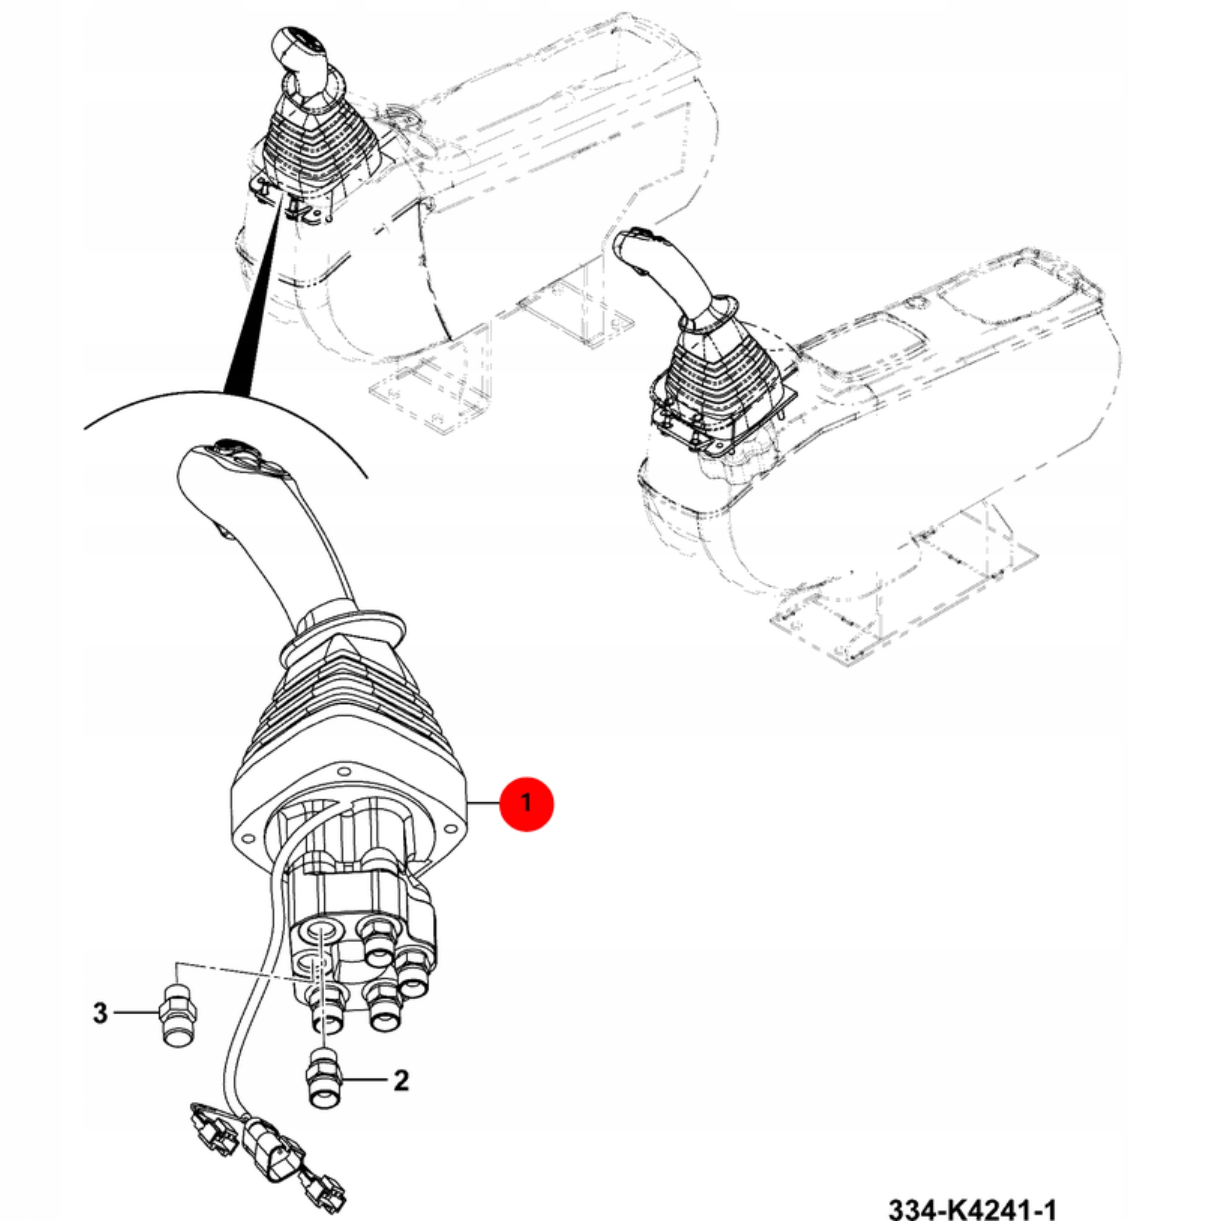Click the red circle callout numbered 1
click(526, 803)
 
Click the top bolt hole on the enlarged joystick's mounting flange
click(344, 772)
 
